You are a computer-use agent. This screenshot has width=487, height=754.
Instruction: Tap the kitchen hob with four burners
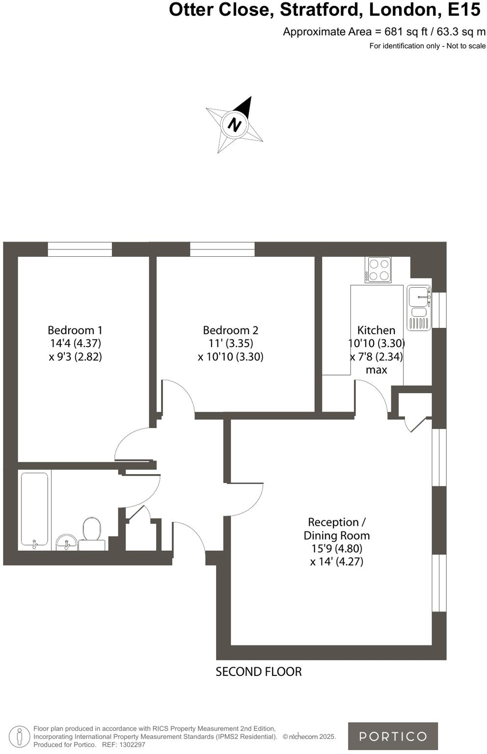pyautogui.click(x=378, y=269)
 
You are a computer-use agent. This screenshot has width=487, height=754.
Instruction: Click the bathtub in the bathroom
pyautogui.click(x=34, y=509)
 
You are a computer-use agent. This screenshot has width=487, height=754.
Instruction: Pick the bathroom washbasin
pyautogui.click(x=66, y=542)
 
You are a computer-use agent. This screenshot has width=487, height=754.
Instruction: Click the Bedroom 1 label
pyautogui.click(x=75, y=330)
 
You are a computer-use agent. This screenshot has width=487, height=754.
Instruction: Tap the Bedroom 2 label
pyautogui.click(x=230, y=330)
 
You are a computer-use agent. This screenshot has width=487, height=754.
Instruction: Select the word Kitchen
pyautogui.click(x=376, y=330)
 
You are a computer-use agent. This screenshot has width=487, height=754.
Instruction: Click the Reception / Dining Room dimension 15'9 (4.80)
pyautogui.click(x=337, y=548)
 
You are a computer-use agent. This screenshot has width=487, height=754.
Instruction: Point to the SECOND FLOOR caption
pyautogui.click(x=259, y=672)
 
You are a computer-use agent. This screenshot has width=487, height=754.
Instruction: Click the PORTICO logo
pyautogui.click(x=393, y=736)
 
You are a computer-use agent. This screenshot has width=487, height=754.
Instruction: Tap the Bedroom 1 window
pyautogui.click(x=80, y=249)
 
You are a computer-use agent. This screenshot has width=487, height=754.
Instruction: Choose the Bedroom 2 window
pyautogui.click(x=222, y=249)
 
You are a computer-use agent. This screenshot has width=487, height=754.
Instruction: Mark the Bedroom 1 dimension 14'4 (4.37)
pyautogui.click(x=75, y=343)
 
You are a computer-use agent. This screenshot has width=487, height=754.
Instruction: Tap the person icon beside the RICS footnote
pyautogui.click(x=20, y=736)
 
